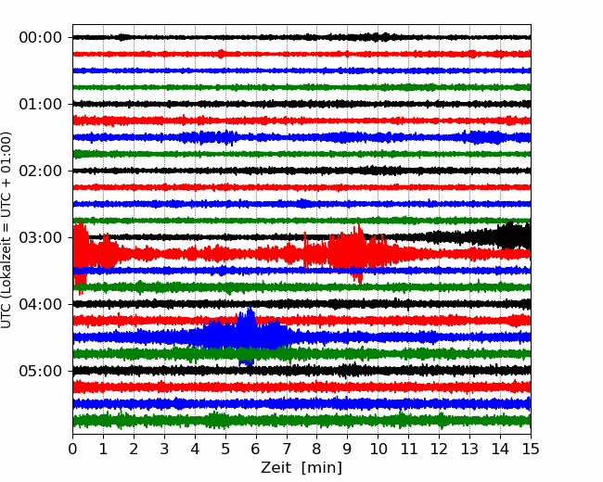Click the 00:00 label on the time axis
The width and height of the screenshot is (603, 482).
click(x=41, y=38)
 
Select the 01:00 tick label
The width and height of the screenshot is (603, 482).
click(x=41, y=104)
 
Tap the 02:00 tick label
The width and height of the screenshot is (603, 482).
click(x=41, y=171)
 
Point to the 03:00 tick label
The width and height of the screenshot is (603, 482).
click(x=41, y=237)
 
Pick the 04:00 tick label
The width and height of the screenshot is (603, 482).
click(x=41, y=304)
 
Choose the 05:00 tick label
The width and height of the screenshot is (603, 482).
click(x=41, y=371)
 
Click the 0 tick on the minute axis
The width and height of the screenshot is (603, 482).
click(x=72, y=449)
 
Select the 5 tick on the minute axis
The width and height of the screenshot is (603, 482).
click(x=225, y=449)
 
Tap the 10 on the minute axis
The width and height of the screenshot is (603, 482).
click(x=378, y=449)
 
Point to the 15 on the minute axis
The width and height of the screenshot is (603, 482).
click(x=531, y=449)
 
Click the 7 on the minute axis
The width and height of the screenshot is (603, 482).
click(x=287, y=449)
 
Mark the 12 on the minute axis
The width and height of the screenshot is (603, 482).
click(x=439, y=449)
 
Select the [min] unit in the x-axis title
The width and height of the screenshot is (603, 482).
click(x=322, y=468)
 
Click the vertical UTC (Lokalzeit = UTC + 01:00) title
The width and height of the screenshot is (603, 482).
click(x=6, y=230)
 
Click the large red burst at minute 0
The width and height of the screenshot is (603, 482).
click(x=81, y=254)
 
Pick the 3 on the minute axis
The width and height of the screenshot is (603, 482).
click(x=164, y=449)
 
